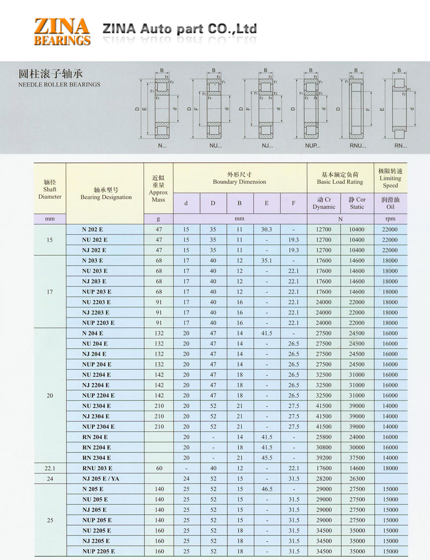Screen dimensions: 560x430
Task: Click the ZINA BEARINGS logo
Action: point(62,31)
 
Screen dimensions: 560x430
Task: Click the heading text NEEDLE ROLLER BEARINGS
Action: point(59,84)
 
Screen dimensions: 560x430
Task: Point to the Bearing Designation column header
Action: point(106,193)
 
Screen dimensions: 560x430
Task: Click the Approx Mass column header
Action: point(159,189)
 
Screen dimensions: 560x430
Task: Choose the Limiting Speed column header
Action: point(390,178)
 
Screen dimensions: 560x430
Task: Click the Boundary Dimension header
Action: point(239,178)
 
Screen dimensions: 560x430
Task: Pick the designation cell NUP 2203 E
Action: point(98,323)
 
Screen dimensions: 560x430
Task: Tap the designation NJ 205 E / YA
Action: point(101,478)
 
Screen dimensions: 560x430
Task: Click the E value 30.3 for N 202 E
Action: point(267,229)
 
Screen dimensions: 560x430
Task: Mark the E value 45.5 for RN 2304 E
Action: point(267,458)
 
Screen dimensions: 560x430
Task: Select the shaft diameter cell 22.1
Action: point(50,468)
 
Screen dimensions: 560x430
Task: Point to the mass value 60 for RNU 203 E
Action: point(159,468)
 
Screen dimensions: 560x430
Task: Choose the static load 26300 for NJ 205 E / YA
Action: point(357,478)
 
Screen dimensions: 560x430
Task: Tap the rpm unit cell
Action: point(390,219)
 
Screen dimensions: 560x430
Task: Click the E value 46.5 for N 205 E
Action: point(267,489)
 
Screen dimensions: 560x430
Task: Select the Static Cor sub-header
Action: point(357,203)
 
